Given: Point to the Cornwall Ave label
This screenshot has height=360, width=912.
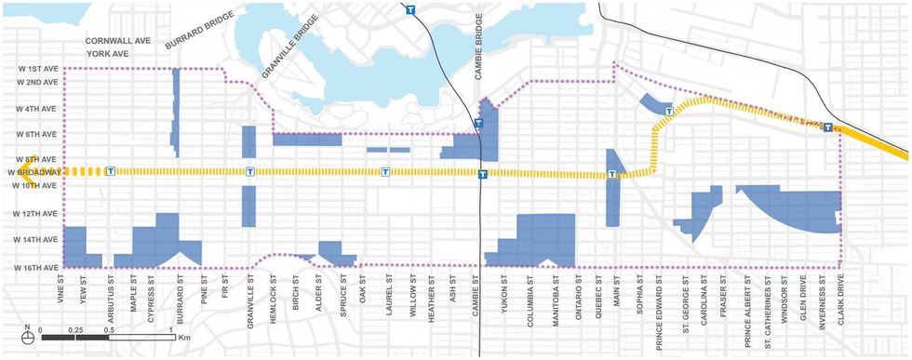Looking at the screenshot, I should pos(118,42).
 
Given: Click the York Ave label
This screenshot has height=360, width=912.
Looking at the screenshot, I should pos(106,55).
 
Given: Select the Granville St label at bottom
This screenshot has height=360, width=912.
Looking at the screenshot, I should pos(249,298).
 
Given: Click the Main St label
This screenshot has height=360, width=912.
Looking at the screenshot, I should pos(613,291).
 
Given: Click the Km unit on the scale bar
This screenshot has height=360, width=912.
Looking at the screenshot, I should pos(183,330).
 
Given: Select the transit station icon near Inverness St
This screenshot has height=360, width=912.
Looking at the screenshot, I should pos(827,127).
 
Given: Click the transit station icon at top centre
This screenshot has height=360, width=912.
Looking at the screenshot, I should pos(410,10).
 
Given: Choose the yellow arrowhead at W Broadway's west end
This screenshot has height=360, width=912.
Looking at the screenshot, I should pos(30,165).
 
